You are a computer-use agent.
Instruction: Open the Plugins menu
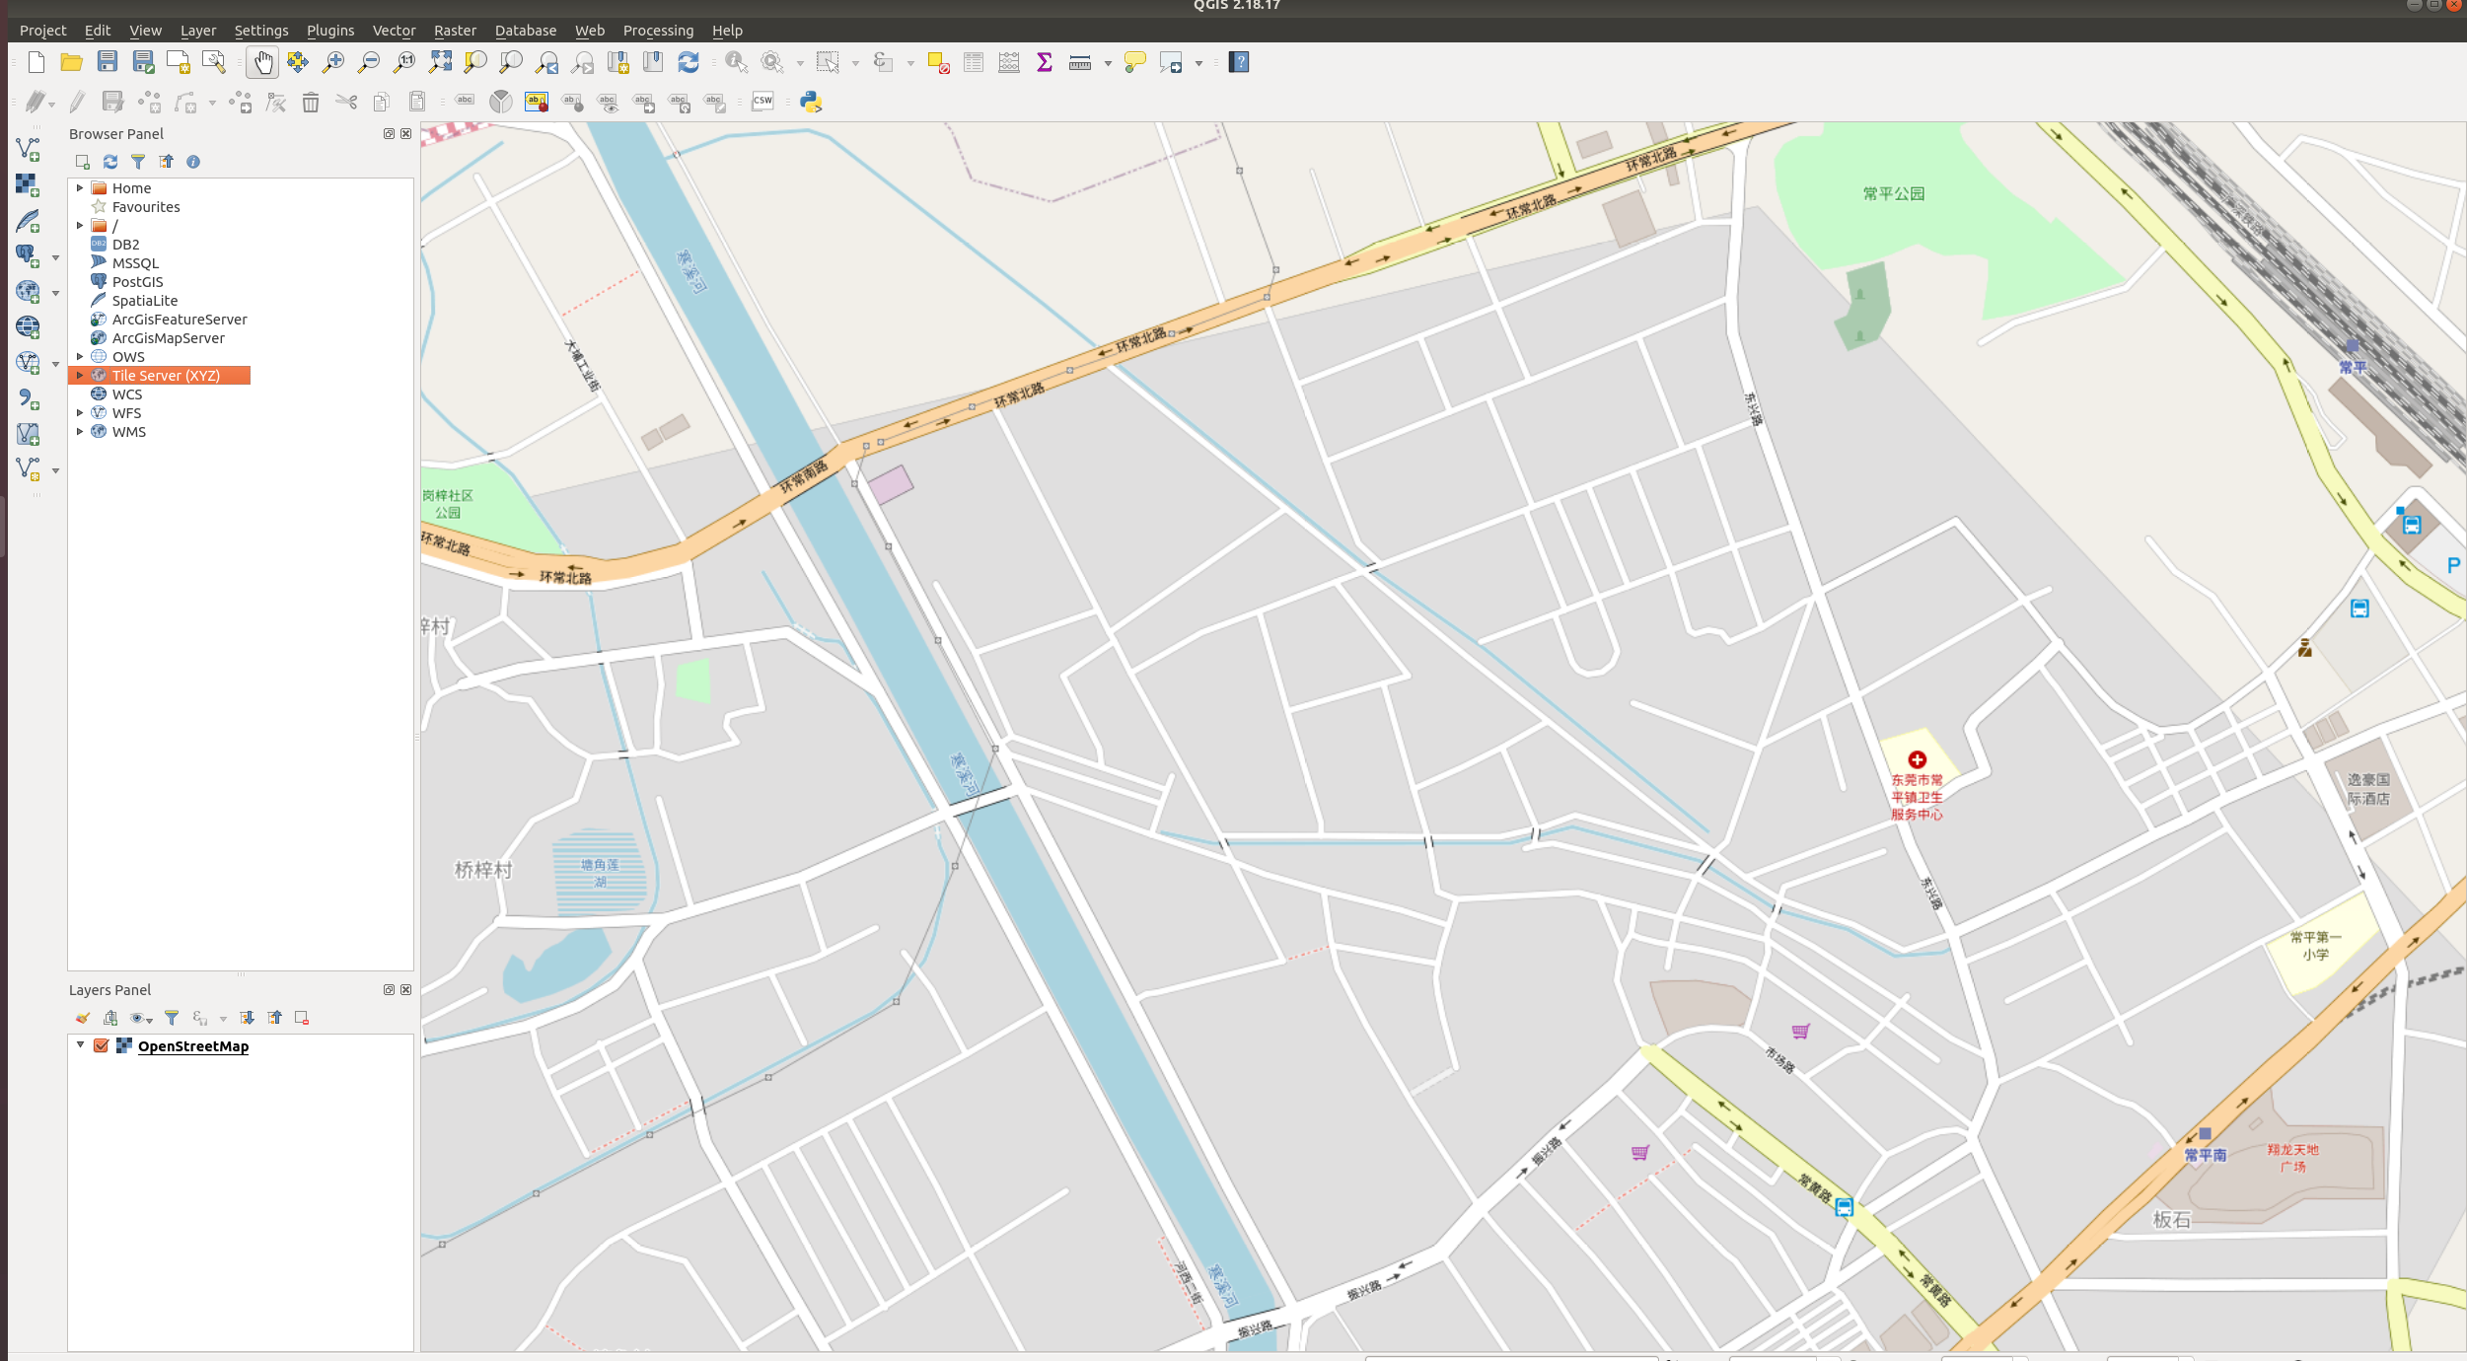(329, 31)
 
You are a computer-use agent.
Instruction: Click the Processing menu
(658, 31)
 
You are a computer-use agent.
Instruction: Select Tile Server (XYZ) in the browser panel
(166, 376)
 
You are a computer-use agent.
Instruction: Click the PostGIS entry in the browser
(137, 282)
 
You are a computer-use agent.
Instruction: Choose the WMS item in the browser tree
(128, 432)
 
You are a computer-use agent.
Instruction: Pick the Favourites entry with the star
(145, 207)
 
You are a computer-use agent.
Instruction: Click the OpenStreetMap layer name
(193, 1046)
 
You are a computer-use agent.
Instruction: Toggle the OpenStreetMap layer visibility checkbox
(101, 1045)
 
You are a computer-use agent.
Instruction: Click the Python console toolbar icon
(811, 102)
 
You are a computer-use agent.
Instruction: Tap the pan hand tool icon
(262, 63)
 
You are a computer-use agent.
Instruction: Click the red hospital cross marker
(1917, 759)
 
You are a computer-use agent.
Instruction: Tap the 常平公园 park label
(1893, 194)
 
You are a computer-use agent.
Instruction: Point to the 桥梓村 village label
(483, 870)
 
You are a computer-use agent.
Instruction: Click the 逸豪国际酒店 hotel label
(2368, 789)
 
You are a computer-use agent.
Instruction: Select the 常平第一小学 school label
(2315, 945)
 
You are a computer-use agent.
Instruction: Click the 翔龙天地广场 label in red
(2292, 1158)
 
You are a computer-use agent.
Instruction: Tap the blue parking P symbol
(2453, 565)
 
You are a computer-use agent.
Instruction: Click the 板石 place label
(2171, 1220)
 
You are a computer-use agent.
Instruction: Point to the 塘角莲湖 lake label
(600, 873)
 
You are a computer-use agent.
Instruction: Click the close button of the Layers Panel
(406, 990)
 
